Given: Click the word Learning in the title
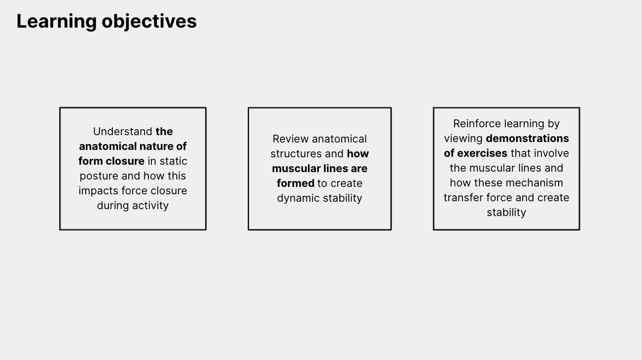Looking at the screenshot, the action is (57, 22).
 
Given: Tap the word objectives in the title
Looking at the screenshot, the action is (149, 22).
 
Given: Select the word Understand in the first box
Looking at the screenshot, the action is (123, 132).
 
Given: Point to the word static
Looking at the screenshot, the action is (174, 161).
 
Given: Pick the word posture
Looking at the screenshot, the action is (99, 176).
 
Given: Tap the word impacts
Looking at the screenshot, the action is (98, 191).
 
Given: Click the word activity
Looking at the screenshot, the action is (150, 206).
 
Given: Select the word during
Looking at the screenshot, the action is (113, 206).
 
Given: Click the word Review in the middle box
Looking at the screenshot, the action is (290, 139).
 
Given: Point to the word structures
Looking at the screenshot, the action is (296, 154).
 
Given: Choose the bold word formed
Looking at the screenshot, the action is (295, 183).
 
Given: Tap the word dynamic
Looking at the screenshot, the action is (298, 198).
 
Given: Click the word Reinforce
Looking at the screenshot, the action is (477, 124).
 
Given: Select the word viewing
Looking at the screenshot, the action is (464, 139).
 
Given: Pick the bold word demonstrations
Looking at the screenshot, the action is (528, 139).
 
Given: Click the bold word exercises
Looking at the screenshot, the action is (482, 153).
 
